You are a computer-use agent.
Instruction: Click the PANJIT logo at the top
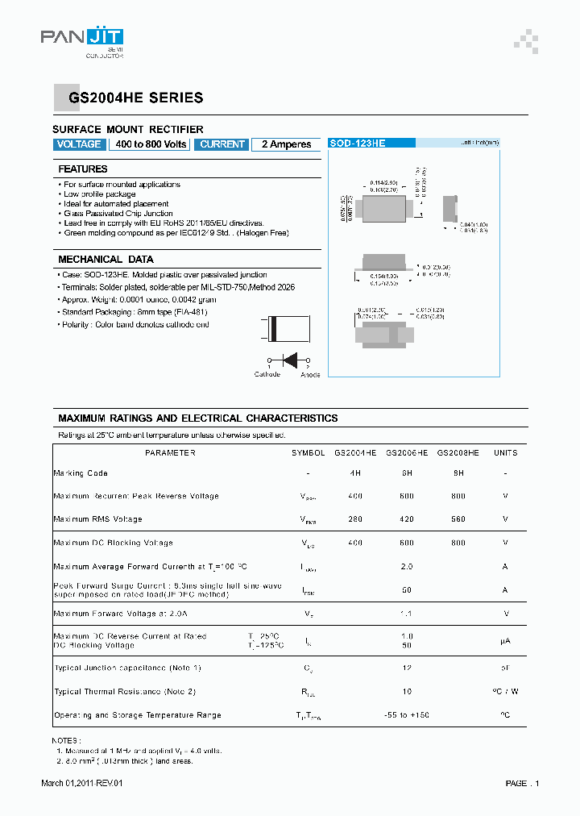click(x=82, y=39)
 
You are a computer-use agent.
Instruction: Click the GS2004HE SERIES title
click(x=135, y=98)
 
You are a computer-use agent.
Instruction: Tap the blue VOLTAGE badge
click(x=79, y=144)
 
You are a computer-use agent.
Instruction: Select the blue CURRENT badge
click(x=222, y=144)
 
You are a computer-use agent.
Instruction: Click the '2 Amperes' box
click(x=286, y=144)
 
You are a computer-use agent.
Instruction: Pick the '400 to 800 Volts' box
click(x=151, y=144)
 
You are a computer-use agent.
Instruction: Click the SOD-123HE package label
click(x=358, y=143)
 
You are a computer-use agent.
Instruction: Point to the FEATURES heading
click(x=83, y=169)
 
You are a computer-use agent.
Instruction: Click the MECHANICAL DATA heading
click(x=106, y=260)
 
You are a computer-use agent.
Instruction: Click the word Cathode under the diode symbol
click(x=267, y=374)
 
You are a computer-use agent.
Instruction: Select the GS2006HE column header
click(x=407, y=453)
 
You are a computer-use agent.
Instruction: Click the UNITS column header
click(x=505, y=453)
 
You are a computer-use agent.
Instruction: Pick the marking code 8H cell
click(x=458, y=473)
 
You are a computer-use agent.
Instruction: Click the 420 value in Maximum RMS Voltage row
click(x=406, y=519)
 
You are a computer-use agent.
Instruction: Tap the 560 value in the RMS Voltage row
click(x=458, y=519)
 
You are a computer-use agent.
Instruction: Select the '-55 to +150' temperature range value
click(x=407, y=715)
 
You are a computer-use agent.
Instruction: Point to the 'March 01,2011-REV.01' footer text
click(x=82, y=784)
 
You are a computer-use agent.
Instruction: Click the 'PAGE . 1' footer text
click(x=522, y=784)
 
